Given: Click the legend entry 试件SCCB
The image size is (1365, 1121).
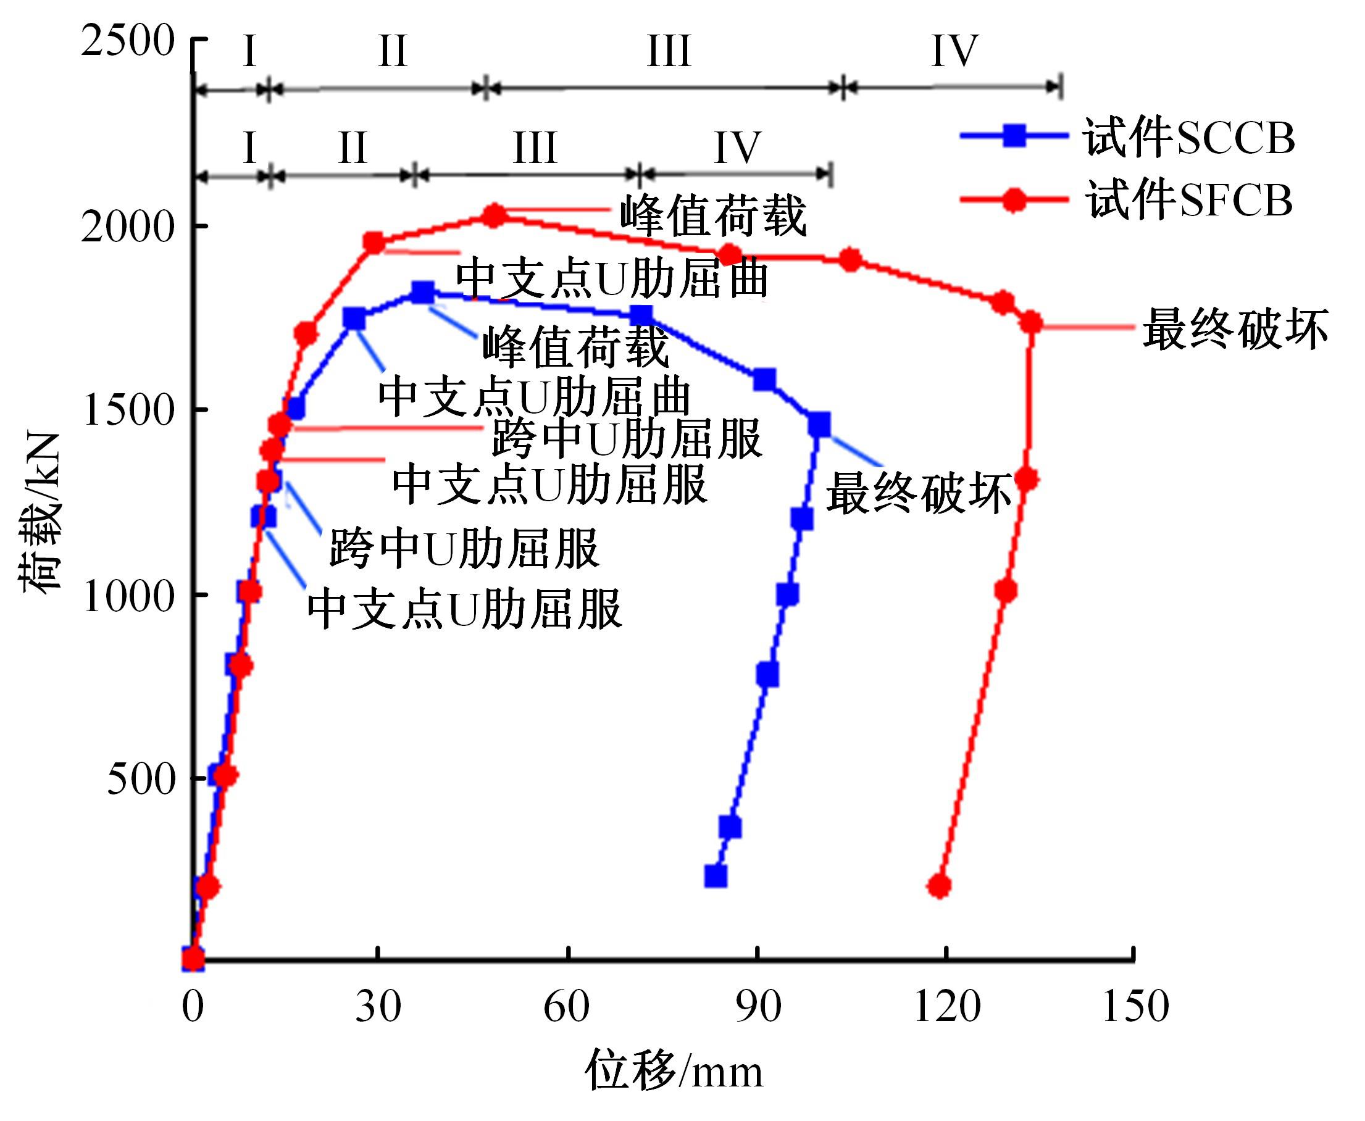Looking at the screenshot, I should pyautogui.click(x=1188, y=138).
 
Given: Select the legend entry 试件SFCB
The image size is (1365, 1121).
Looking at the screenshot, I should pyautogui.click(x=1188, y=199).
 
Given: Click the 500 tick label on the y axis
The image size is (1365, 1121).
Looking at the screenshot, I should pyautogui.click(x=141, y=779).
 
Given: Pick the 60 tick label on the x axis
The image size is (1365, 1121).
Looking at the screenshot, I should pyautogui.click(x=566, y=1006).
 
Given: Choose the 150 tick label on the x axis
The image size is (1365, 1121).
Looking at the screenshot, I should pyautogui.click(x=1135, y=1006).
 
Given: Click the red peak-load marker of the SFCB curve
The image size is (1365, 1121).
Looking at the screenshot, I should pyautogui.click(x=495, y=215).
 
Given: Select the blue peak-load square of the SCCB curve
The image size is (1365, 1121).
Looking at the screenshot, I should pyautogui.click(x=423, y=293).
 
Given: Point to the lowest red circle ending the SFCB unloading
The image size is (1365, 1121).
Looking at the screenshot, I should pyautogui.click(x=940, y=886).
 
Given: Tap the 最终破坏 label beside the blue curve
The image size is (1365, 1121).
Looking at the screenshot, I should pyautogui.click(x=918, y=493).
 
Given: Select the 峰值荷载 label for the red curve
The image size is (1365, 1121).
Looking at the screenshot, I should pyautogui.click(x=713, y=216).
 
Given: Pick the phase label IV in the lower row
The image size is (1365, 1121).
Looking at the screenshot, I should pyautogui.click(x=737, y=148).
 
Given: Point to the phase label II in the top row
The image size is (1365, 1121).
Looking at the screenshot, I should pyautogui.click(x=393, y=51).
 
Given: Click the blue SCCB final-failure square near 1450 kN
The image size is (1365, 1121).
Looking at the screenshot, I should pyautogui.click(x=819, y=425).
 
